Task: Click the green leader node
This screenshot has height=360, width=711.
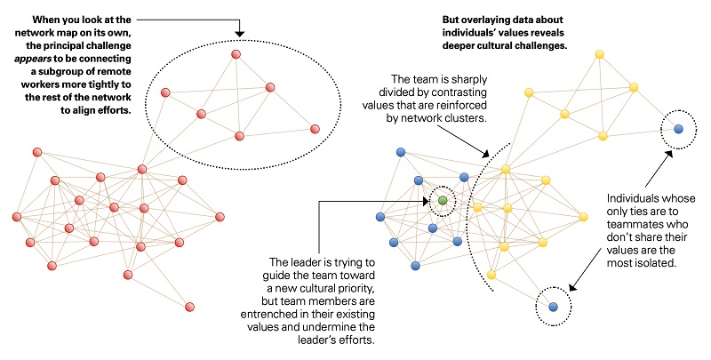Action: (x=443, y=200)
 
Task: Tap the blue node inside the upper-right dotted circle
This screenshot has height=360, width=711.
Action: (x=678, y=129)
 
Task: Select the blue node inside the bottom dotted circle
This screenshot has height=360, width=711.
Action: (x=553, y=307)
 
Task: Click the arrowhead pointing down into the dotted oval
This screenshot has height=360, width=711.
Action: (x=239, y=33)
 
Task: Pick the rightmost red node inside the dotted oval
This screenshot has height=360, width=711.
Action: (x=315, y=129)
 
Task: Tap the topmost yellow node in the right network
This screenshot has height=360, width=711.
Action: (x=600, y=54)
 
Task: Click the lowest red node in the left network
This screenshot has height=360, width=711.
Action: (x=189, y=307)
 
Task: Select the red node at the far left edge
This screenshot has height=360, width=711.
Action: (x=17, y=216)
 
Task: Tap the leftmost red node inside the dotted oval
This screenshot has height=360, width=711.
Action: (x=165, y=91)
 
